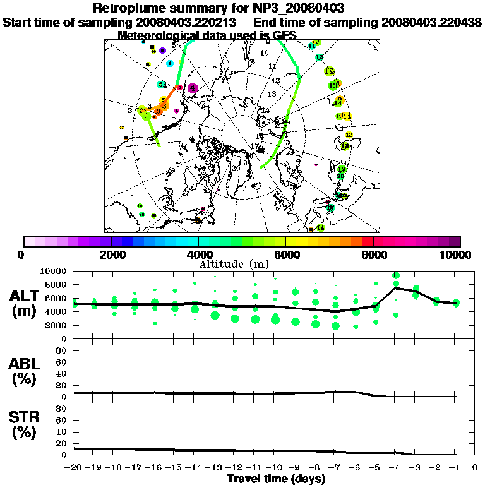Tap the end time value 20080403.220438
(431, 23)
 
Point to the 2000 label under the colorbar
(111, 254)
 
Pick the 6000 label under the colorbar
(286, 254)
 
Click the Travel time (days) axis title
(276, 479)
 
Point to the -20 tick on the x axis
(74, 468)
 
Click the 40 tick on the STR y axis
(62, 432)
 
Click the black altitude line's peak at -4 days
(396, 288)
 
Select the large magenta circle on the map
(193, 88)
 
